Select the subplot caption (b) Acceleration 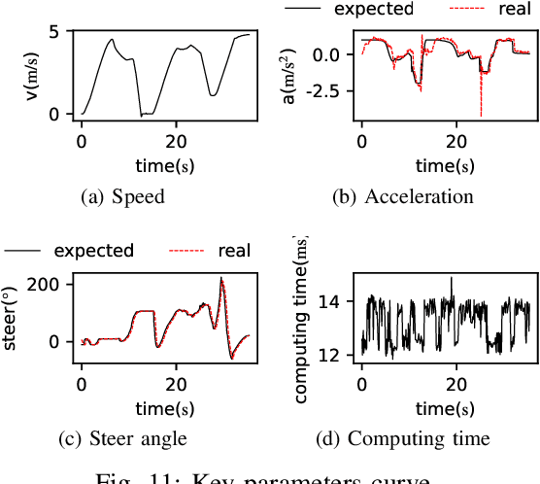click(x=403, y=196)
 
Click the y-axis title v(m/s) click(x=34, y=74)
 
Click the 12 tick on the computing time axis click(x=330, y=356)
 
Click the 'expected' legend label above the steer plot click(x=93, y=251)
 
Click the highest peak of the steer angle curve click(x=221, y=279)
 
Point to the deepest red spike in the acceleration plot click(x=481, y=114)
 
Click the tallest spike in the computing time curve click(x=451, y=278)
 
